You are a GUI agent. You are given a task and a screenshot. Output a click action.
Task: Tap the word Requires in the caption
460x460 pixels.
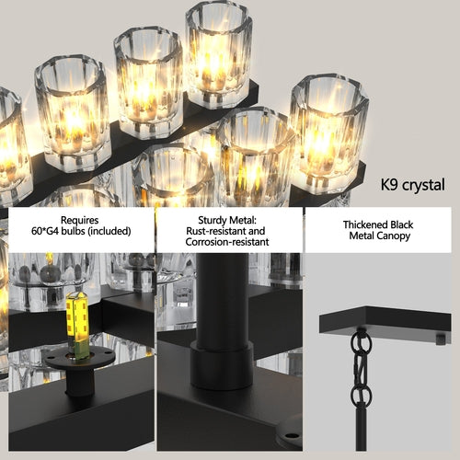[81, 220]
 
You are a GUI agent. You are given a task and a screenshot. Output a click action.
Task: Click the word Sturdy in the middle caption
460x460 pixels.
[208, 220]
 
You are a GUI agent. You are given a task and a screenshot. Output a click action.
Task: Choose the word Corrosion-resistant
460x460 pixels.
[226, 242]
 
